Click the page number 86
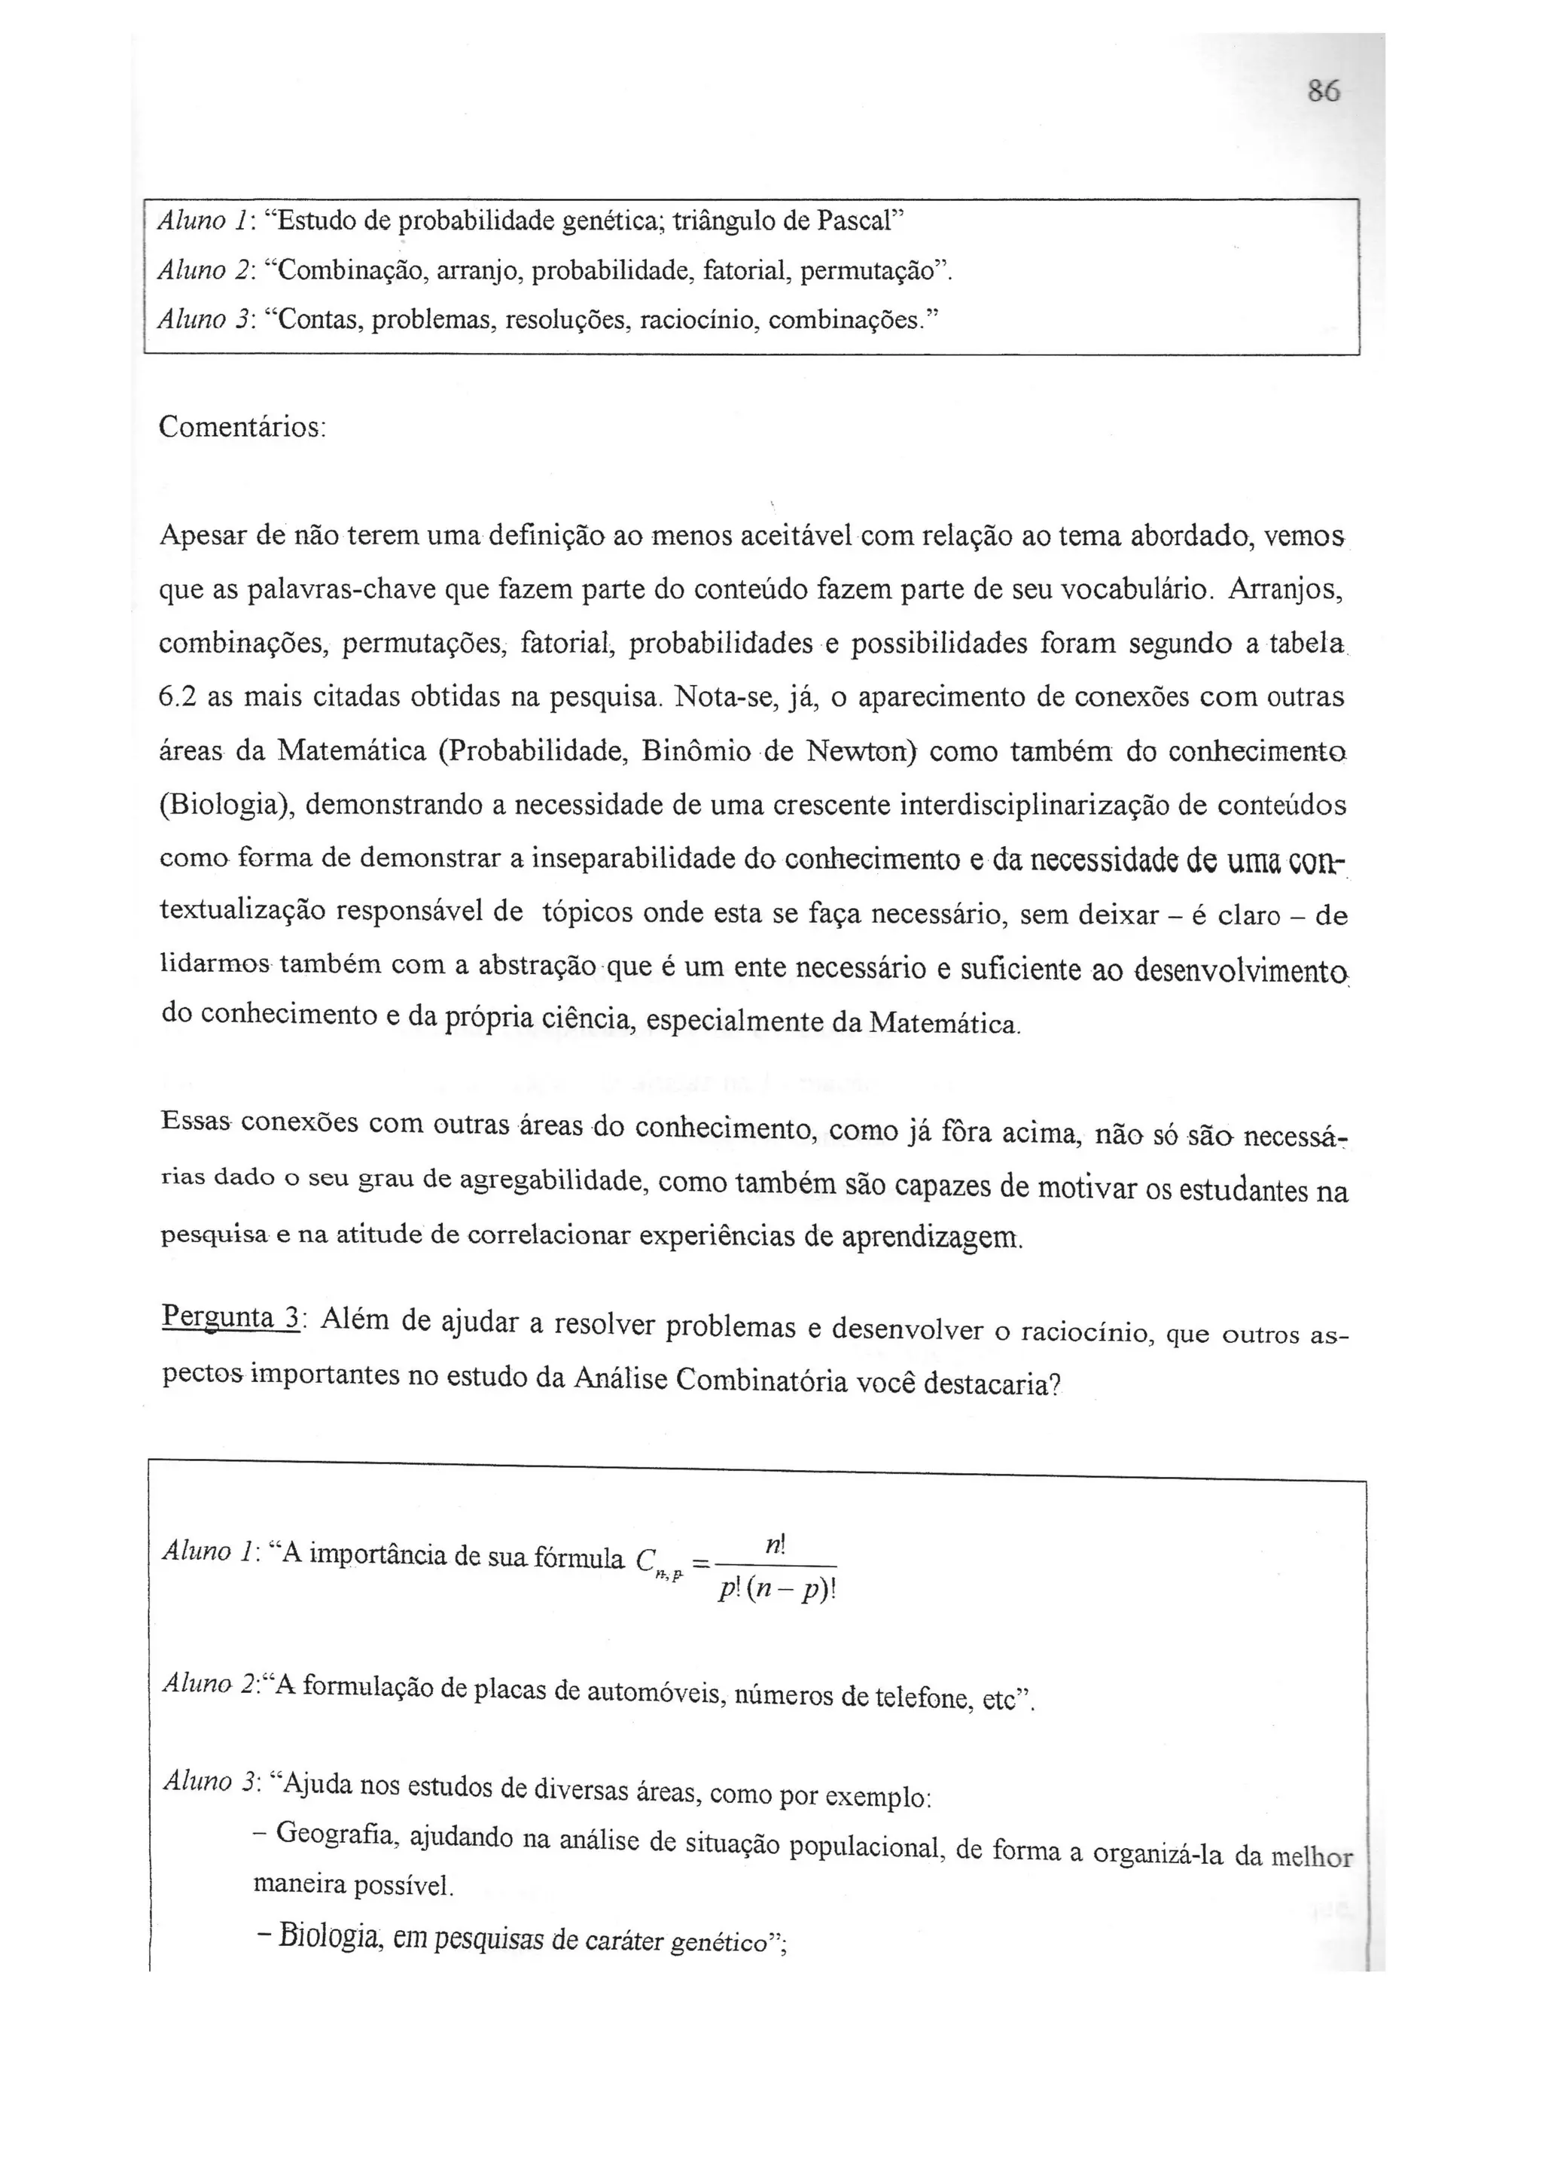click(1323, 92)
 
